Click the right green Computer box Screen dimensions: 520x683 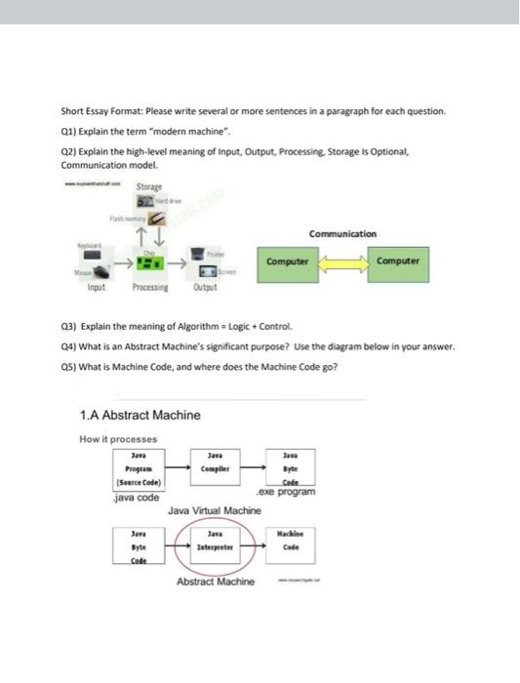click(396, 261)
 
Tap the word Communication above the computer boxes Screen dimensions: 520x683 click(341, 233)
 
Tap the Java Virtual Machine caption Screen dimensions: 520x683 click(214, 510)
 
